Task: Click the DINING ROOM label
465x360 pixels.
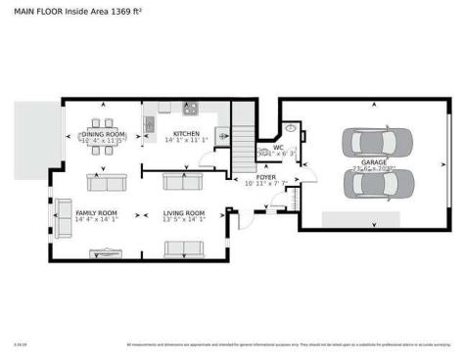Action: click(103, 134)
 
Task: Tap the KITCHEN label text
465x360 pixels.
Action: click(187, 134)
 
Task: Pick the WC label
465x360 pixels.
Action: click(278, 148)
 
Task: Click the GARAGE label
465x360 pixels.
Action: click(374, 162)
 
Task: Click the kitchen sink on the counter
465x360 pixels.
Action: click(150, 124)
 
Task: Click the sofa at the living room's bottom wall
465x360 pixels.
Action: click(183, 248)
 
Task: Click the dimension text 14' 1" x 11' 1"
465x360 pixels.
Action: click(187, 141)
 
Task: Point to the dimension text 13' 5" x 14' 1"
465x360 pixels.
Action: click(184, 220)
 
